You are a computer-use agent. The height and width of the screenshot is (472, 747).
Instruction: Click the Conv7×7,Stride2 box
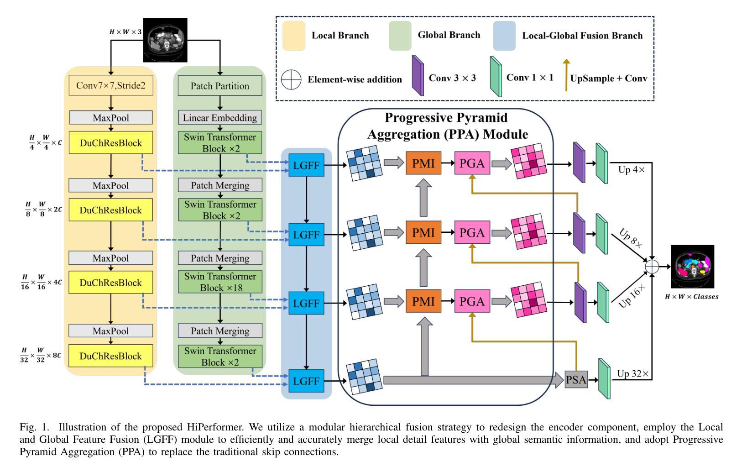click(111, 85)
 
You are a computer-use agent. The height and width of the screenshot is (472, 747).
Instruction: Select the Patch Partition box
click(220, 86)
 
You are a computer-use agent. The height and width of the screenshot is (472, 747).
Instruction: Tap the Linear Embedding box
click(220, 118)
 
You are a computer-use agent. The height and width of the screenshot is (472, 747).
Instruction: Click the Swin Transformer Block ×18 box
click(220, 282)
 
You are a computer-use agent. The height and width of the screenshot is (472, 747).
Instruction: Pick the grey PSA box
click(576, 380)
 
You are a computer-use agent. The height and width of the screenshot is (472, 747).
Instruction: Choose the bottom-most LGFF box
click(306, 381)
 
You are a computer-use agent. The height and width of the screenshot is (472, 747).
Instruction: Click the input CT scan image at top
click(165, 40)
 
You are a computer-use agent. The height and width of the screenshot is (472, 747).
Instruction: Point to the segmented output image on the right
click(692, 267)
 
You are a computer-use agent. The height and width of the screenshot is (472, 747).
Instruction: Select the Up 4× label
click(631, 170)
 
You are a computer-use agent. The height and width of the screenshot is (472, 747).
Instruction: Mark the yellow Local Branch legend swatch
click(294, 36)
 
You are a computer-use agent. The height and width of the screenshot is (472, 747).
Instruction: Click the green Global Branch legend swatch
click(400, 35)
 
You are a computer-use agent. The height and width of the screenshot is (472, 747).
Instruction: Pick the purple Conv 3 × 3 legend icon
click(418, 76)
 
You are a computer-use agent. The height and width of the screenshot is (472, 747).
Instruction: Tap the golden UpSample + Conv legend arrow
click(566, 75)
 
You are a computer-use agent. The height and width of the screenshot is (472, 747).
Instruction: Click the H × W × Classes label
click(692, 297)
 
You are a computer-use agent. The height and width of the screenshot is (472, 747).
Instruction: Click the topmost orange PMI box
click(423, 163)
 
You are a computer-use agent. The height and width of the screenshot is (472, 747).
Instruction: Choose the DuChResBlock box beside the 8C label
click(111, 356)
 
